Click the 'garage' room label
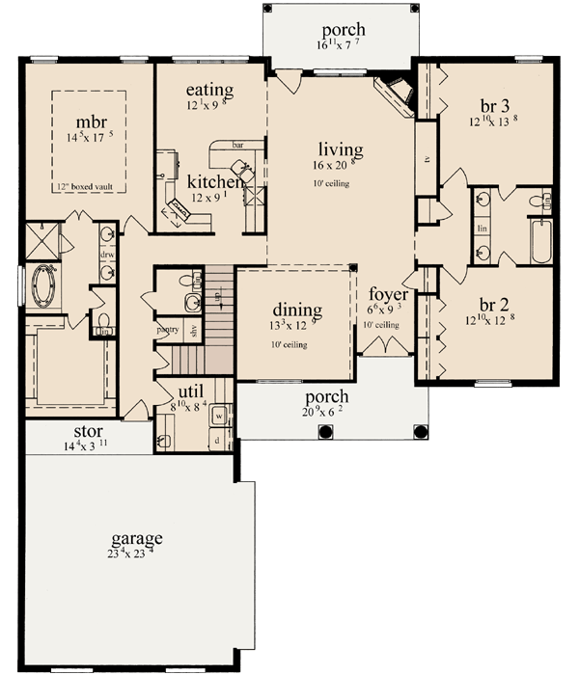[135, 538]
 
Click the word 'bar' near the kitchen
[237, 147]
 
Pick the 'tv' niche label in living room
[426, 159]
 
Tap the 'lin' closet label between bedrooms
[481, 229]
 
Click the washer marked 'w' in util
[218, 418]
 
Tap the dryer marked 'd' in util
[218, 441]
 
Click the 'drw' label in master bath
[108, 255]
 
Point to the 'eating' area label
[209, 90]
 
